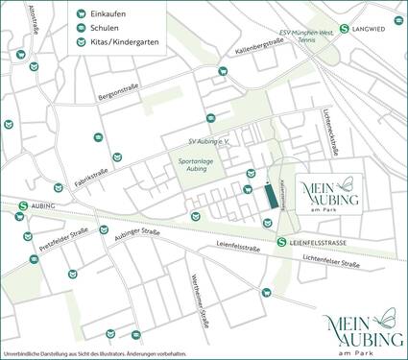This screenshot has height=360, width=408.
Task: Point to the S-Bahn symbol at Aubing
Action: coord(23,205)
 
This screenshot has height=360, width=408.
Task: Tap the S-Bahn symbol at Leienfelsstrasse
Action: coord(281,242)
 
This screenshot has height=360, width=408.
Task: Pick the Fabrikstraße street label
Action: coord(89,178)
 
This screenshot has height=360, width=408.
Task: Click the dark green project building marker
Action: coord(272,194)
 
